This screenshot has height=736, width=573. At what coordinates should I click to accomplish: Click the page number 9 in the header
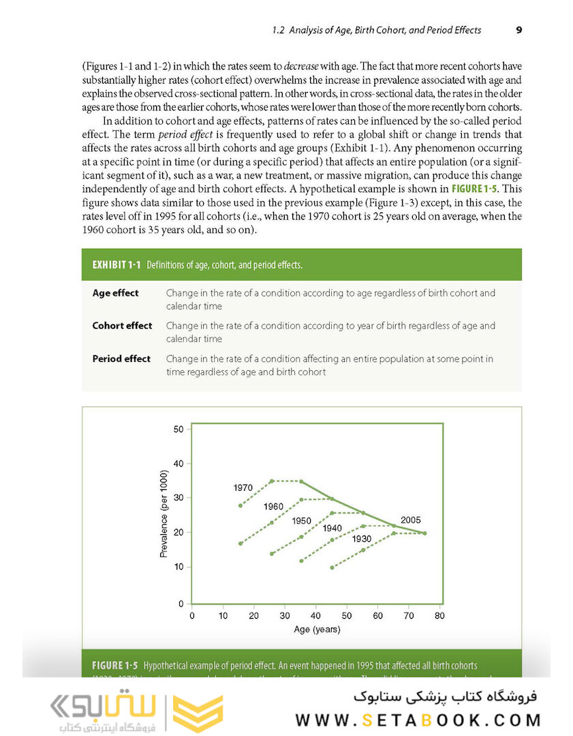pos(518,30)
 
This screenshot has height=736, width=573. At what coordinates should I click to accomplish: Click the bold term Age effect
pos(115,293)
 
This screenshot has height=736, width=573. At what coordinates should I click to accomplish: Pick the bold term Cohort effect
pos(122,326)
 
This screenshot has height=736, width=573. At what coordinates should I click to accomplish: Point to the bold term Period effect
pos(121,358)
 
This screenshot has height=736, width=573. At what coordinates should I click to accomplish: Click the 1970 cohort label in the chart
pos(243,488)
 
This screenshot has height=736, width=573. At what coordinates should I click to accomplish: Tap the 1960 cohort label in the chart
pos(273,507)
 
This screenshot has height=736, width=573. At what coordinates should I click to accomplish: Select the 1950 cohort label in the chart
pos(301,521)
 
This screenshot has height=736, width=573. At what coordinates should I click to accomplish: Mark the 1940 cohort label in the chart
pos(332,528)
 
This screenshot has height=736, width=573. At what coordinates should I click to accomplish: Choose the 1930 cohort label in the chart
pos(362,538)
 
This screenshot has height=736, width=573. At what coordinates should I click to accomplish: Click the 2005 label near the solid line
pos(410,520)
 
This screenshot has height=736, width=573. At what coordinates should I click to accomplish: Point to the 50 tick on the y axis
pos(179,429)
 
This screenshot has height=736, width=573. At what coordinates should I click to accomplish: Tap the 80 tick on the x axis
pos(439,616)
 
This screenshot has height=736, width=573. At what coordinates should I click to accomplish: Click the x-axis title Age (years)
pos(317,630)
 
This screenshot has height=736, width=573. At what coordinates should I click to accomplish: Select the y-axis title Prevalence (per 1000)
pos(164,514)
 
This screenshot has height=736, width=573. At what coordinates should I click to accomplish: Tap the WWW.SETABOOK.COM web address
pos(418,720)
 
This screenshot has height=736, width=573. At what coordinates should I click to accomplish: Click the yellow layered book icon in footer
pos(198,714)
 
